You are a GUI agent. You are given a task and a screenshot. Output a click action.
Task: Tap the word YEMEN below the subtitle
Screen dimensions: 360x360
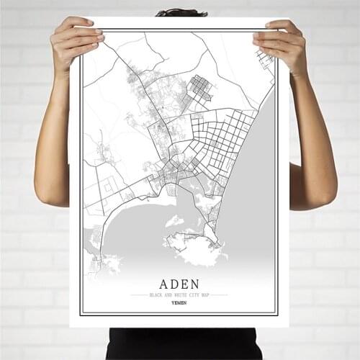(x=179, y=302)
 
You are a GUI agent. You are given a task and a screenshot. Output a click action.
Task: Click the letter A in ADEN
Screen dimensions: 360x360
(x=158, y=282)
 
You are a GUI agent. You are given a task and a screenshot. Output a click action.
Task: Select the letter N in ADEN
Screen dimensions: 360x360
(x=200, y=282)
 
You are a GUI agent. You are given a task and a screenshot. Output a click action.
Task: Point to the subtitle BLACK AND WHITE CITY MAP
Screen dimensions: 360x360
(x=179, y=294)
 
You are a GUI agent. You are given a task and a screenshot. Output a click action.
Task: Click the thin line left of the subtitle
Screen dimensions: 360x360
(x=138, y=294)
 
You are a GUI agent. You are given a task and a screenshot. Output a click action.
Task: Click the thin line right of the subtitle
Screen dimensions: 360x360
(x=219, y=294)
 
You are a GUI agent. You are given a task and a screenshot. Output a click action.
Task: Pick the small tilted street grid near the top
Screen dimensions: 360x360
(x=199, y=88)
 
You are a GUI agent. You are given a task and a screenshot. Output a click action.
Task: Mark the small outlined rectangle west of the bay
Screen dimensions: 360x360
(x=108, y=186)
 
